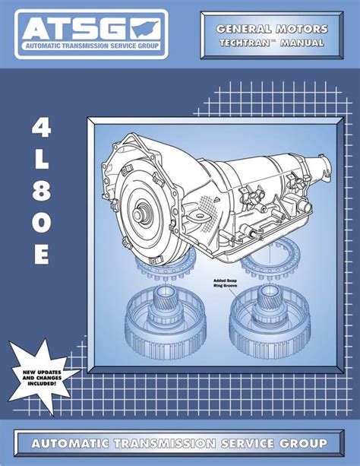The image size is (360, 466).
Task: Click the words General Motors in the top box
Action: tap(272, 29)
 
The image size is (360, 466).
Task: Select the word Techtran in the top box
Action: tap(245, 43)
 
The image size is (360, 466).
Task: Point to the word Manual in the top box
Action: tap(302, 43)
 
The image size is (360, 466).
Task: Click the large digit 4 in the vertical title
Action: tap(41, 128)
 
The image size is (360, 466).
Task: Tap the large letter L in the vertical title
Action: tap(42, 160)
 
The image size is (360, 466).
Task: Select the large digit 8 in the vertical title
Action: tap(42, 192)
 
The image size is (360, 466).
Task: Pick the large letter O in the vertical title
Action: tap(42, 223)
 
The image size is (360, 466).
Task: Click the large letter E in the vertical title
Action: tap(42, 255)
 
